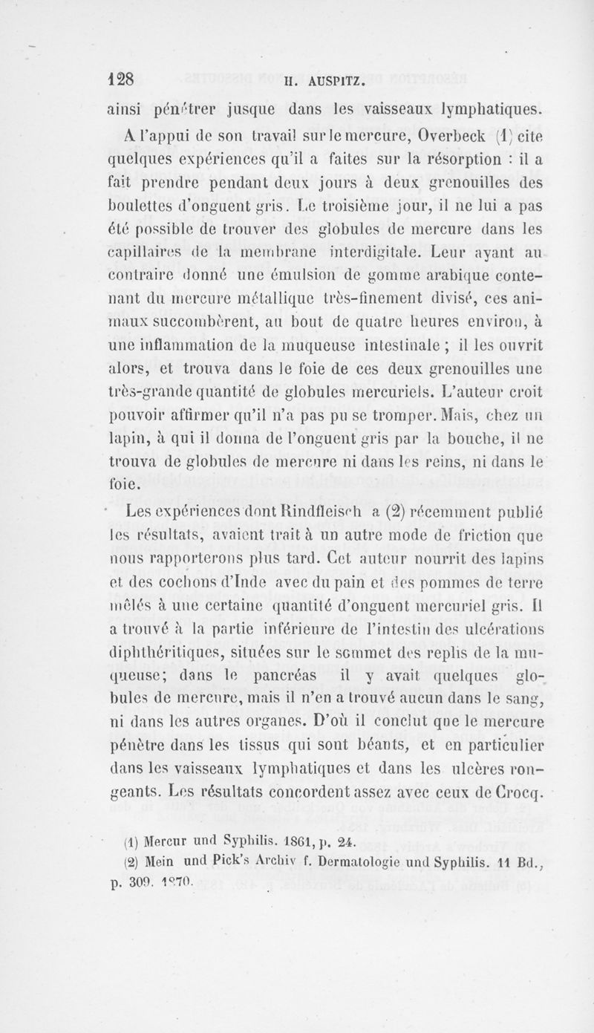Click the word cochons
point(166,581)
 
